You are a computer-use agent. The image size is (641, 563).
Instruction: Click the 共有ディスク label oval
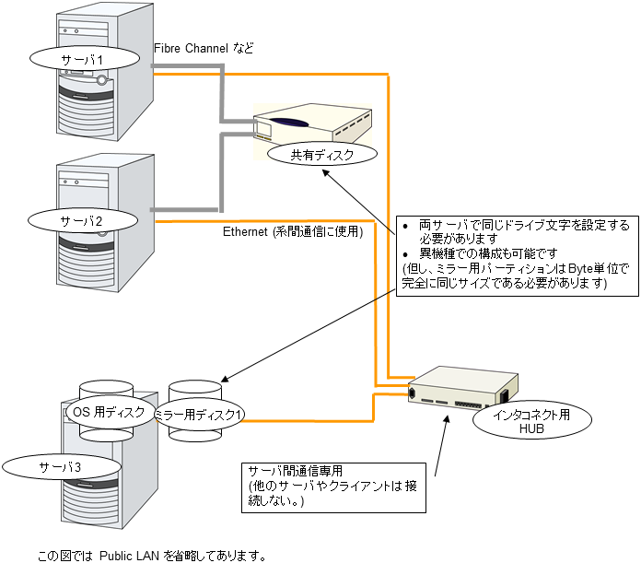321,155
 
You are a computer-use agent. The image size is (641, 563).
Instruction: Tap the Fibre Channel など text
204,47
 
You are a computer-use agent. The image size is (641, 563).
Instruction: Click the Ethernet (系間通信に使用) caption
293,232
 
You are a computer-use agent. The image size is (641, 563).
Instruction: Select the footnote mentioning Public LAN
152,556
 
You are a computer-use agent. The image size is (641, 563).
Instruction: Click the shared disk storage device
313,123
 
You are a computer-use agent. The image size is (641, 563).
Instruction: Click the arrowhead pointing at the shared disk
330,171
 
